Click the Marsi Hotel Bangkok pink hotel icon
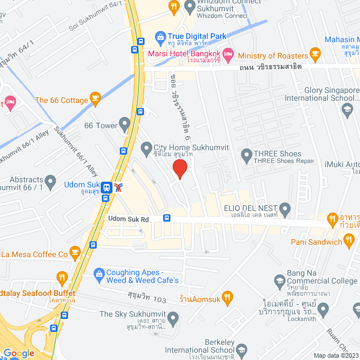point(228,55)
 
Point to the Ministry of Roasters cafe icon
point(316,55)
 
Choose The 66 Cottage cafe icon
point(95,100)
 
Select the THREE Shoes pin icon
point(246,154)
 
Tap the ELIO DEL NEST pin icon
point(285,210)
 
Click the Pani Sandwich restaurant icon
point(350,242)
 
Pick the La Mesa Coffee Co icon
point(74,253)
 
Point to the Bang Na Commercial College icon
point(280,280)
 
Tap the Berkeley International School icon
point(241,349)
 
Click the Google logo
point(18,353)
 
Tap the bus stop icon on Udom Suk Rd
point(166,218)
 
